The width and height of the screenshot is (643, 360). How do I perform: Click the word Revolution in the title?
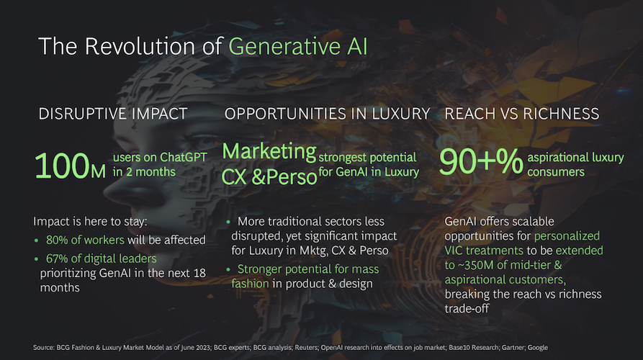[x=140, y=46]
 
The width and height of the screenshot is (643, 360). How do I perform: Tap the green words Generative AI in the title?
[x=297, y=46]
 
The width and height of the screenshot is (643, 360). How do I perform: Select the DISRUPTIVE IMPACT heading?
[x=113, y=114]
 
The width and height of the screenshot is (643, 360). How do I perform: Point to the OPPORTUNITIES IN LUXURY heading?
[x=327, y=114]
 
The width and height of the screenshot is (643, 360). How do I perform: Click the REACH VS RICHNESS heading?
[x=521, y=114]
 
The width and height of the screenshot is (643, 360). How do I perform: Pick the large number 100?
[x=62, y=166]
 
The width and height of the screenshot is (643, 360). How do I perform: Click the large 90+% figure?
[x=480, y=161]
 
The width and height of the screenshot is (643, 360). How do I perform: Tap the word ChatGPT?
[x=183, y=158]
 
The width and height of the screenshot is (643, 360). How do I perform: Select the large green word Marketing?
[x=269, y=151]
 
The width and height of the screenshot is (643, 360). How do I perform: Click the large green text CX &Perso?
[x=269, y=176]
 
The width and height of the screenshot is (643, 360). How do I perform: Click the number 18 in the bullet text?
[x=199, y=273]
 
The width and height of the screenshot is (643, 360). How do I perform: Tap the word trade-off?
[x=467, y=308]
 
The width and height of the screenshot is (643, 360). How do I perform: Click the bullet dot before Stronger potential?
[x=228, y=269]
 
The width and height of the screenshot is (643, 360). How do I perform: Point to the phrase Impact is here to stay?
[x=90, y=222]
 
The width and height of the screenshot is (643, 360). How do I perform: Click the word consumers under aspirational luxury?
[x=556, y=172]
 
